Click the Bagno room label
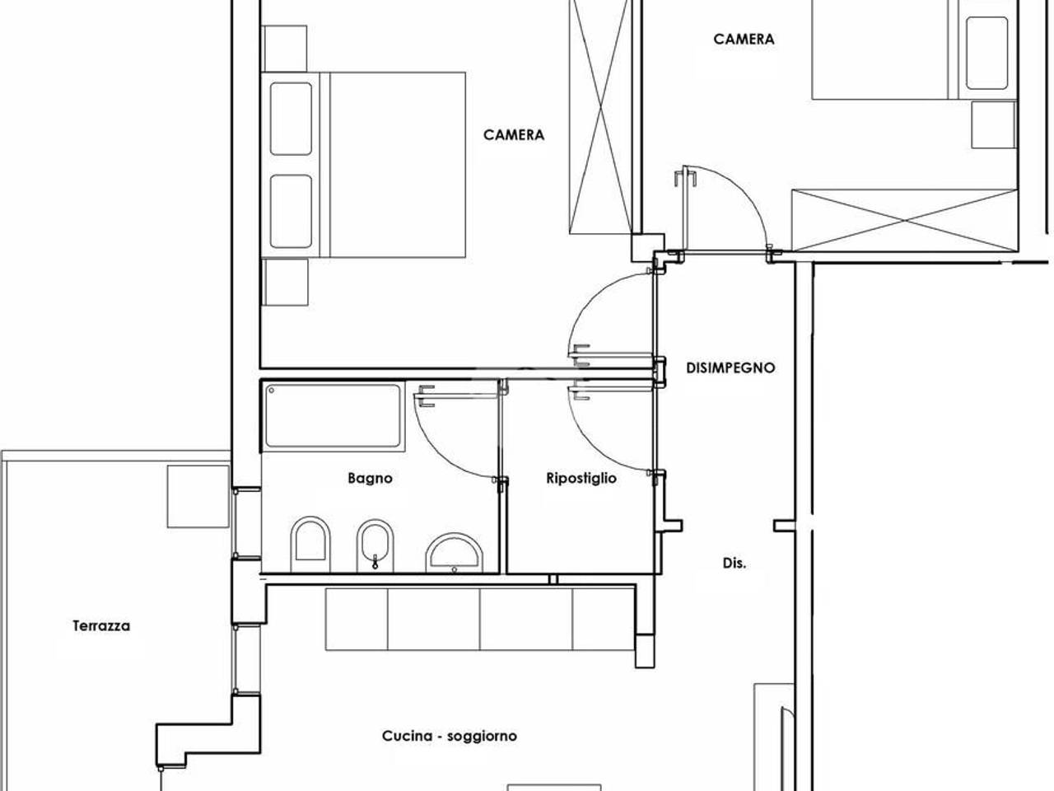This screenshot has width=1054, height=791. point(370,479)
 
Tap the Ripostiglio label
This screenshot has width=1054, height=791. point(581,479)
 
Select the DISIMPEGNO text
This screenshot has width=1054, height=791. point(730,367)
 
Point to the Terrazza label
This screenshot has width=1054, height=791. point(101,625)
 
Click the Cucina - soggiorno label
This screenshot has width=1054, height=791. point(450,736)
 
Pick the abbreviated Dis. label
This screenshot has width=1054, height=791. point(735,564)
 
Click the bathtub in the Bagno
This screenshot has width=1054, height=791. point(333,416)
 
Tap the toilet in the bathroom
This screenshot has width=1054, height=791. point(310,545)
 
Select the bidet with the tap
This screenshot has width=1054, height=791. point(375,546)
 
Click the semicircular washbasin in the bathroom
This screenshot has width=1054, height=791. point(455,553)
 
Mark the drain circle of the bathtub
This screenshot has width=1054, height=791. point(272,391)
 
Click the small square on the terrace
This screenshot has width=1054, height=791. point(198,496)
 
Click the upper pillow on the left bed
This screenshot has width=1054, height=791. point(291,119)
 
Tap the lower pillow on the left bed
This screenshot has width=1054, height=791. point(291,211)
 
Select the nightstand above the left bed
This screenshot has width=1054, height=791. point(284,49)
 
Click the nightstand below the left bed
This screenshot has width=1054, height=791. point(285,282)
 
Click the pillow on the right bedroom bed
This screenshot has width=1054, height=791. point(986,54)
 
